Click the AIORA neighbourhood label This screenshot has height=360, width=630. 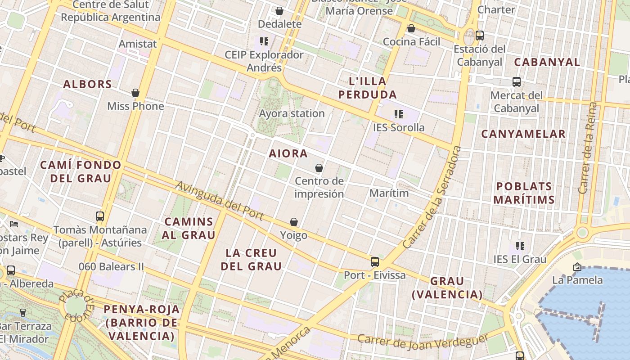pos(288,153)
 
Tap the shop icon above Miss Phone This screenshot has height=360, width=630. pos(135,93)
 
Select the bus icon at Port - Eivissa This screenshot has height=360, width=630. pos(375,262)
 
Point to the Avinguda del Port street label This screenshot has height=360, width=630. pos(219,200)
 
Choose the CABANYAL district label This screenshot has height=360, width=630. pos(547,62)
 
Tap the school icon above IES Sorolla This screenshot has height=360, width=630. pos(398,114)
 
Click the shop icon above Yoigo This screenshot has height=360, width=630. pos(294,222)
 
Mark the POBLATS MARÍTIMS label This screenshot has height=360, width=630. pos(524,193)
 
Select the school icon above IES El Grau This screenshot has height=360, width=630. pos(520,246)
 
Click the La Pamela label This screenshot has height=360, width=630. pos(577,280)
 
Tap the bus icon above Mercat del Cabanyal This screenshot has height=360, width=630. pos(517,82)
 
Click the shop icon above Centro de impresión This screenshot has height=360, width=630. pos(319,168)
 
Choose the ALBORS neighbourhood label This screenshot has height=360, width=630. pos(87,84)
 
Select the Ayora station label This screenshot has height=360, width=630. pos(292,113)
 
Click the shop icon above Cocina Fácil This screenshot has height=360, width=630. pos(411,29)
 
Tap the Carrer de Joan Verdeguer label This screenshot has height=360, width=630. pos(423,342)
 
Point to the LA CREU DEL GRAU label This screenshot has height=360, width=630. pos(252,259)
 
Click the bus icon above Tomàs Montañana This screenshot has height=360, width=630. pos(100,216)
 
